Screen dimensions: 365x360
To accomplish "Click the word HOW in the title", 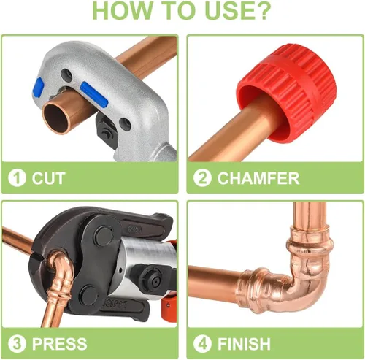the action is (x=122, y=11).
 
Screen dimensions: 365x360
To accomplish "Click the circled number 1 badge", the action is (x=17, y=178).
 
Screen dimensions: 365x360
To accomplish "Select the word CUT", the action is (x=48, y=178).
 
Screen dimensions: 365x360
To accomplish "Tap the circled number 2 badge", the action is (x=202, y=178).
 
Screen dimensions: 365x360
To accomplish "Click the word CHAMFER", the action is (x=258, y=178).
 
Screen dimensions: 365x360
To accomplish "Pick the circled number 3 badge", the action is (x=17, y=344).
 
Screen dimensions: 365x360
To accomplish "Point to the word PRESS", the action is (x=60, y=344).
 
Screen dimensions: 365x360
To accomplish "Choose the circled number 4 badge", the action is (x=202, y=344).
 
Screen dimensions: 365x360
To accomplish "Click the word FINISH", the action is (x=244, y=344).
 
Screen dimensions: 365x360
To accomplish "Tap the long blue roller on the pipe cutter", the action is (x=94, y=94).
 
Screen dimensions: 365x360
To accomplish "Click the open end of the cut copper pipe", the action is (x=56, y=118).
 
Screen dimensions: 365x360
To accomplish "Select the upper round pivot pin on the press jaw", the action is (x=103, y=236).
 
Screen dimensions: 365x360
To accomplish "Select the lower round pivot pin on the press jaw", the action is (x=88, y=295).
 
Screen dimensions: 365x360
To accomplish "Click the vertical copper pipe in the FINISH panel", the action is (x=310, y=214).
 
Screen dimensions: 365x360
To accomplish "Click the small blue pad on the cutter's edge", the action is (x=38, y=87).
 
